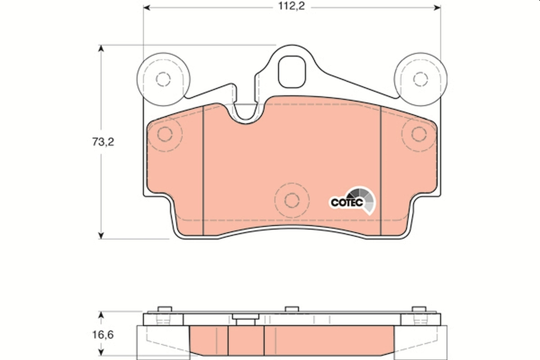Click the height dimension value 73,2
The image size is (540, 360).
coord(103,142)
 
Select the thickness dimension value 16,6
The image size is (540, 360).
coord(103,335)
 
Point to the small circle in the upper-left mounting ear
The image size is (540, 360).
coord(163,79)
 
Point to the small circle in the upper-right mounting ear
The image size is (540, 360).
coord(420,79)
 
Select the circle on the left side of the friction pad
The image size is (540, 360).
coord(165,134)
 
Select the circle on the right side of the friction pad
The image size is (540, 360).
coord(418,134)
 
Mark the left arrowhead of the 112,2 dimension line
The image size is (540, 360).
coord(147,8)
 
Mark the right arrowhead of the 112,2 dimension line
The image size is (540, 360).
coord(437,8)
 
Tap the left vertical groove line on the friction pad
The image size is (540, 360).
coord(203,171)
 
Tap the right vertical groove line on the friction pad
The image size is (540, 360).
coord(381,171)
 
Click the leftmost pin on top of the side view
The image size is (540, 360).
coord(165,309)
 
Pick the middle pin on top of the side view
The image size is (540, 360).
coord(292,309)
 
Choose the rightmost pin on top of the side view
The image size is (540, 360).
coord(419,309)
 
